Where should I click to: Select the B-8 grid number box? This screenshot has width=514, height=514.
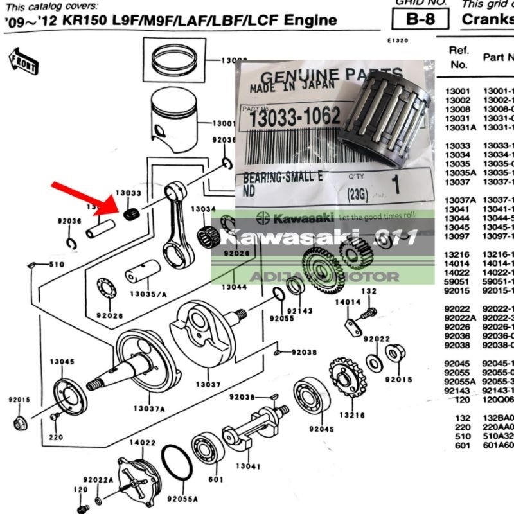click(421, 19)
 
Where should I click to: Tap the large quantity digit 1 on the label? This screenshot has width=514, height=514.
click(394, 184)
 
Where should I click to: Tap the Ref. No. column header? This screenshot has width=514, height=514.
click(459, 57)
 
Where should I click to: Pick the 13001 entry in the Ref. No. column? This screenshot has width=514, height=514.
click(457, 92)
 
